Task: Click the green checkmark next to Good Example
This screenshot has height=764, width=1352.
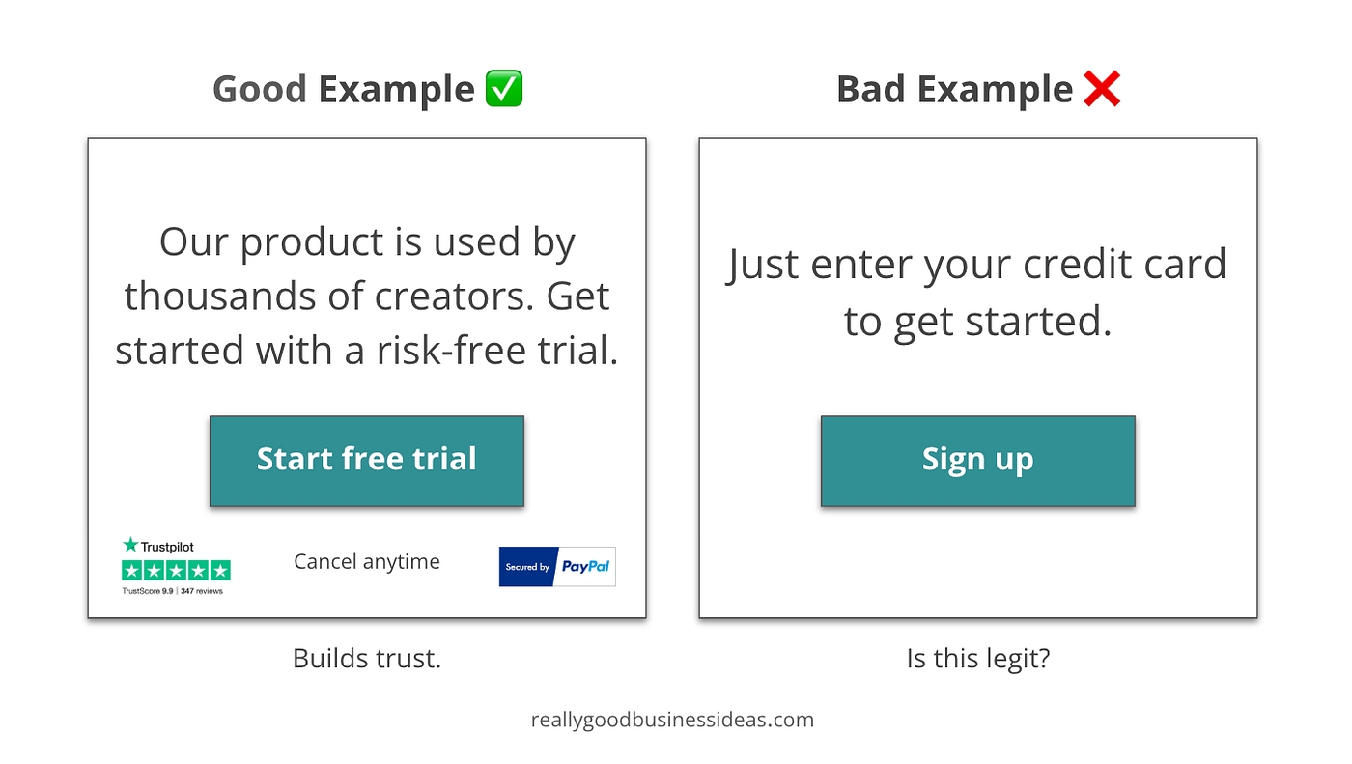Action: [x=504, y=89]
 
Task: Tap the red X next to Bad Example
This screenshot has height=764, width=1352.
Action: [x=1102, y=89]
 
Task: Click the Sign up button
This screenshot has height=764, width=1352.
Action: [x=977, y=461]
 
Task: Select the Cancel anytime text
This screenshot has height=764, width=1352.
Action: [x=367, y=562]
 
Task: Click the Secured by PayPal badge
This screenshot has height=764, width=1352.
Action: [x=557, y=567]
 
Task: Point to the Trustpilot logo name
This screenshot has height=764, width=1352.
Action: [x=158, y=546]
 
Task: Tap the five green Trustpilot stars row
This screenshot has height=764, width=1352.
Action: [x=176, y=570]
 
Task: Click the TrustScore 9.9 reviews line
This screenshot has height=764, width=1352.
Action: [x=173, y=591]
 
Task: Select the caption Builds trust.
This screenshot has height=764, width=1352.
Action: [x=367, y=659]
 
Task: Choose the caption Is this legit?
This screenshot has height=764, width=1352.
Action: [x=978, y=659]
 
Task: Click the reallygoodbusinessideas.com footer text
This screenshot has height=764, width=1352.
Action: [x=672, y=720]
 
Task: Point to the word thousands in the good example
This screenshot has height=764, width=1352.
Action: [x=220, y=296]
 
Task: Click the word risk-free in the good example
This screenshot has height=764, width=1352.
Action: [x=452, y=350]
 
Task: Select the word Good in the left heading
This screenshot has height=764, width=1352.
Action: [x=260, y=89]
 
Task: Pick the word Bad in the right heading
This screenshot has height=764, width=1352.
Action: [x=871, y=89]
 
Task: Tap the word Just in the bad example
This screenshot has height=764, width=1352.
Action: [x=763, y=266]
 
